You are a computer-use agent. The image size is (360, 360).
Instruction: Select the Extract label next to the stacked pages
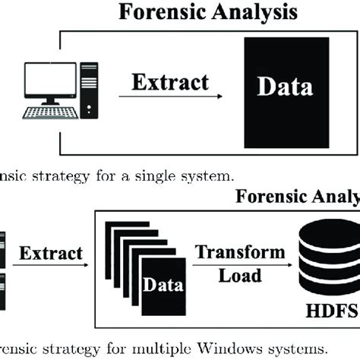(x=52, y=252)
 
